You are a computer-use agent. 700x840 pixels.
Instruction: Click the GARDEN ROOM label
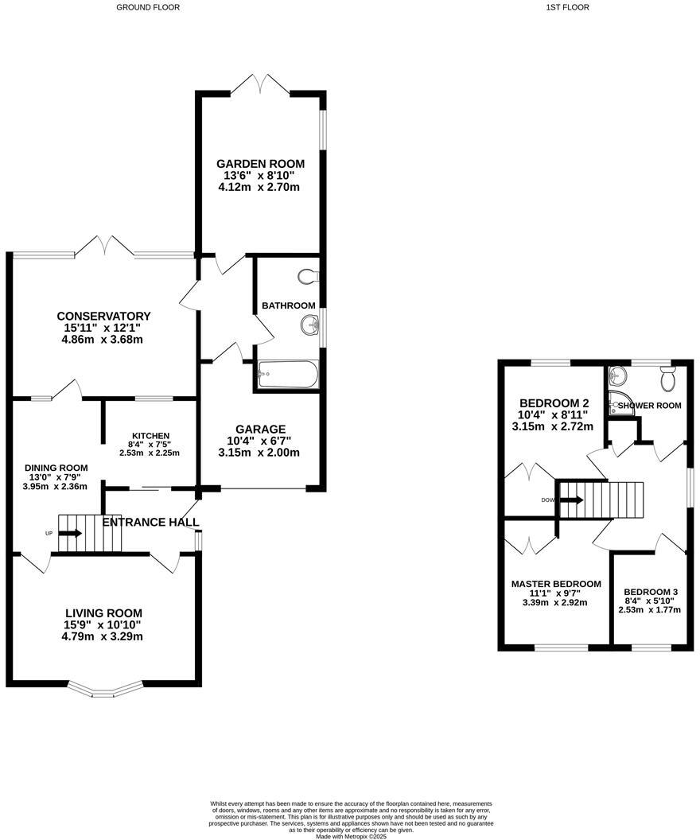coord(260,164)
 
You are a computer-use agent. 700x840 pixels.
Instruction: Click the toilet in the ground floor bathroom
coord(307,277)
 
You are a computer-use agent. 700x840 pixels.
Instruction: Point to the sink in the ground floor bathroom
coord(309,325)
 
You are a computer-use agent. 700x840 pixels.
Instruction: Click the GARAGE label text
coord(260,429)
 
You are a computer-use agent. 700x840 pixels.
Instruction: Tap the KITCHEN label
coord(150,435)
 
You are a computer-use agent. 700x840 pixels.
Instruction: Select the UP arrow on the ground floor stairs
coord(70,533)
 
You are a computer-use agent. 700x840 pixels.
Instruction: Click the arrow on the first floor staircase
coord(571,500)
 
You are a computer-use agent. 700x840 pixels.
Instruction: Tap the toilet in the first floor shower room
coord(667,379)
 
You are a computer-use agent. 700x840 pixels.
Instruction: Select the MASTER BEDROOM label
coord(556,584)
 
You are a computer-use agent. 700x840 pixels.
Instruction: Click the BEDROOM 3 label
coord(651,592)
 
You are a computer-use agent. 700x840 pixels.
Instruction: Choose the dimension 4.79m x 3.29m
coord(103,636)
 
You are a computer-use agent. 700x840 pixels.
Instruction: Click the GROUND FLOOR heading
coord(148,7)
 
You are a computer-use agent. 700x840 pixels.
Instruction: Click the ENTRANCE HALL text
coord(150,522)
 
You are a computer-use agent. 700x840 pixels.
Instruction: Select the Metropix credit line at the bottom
coord(351,836)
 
